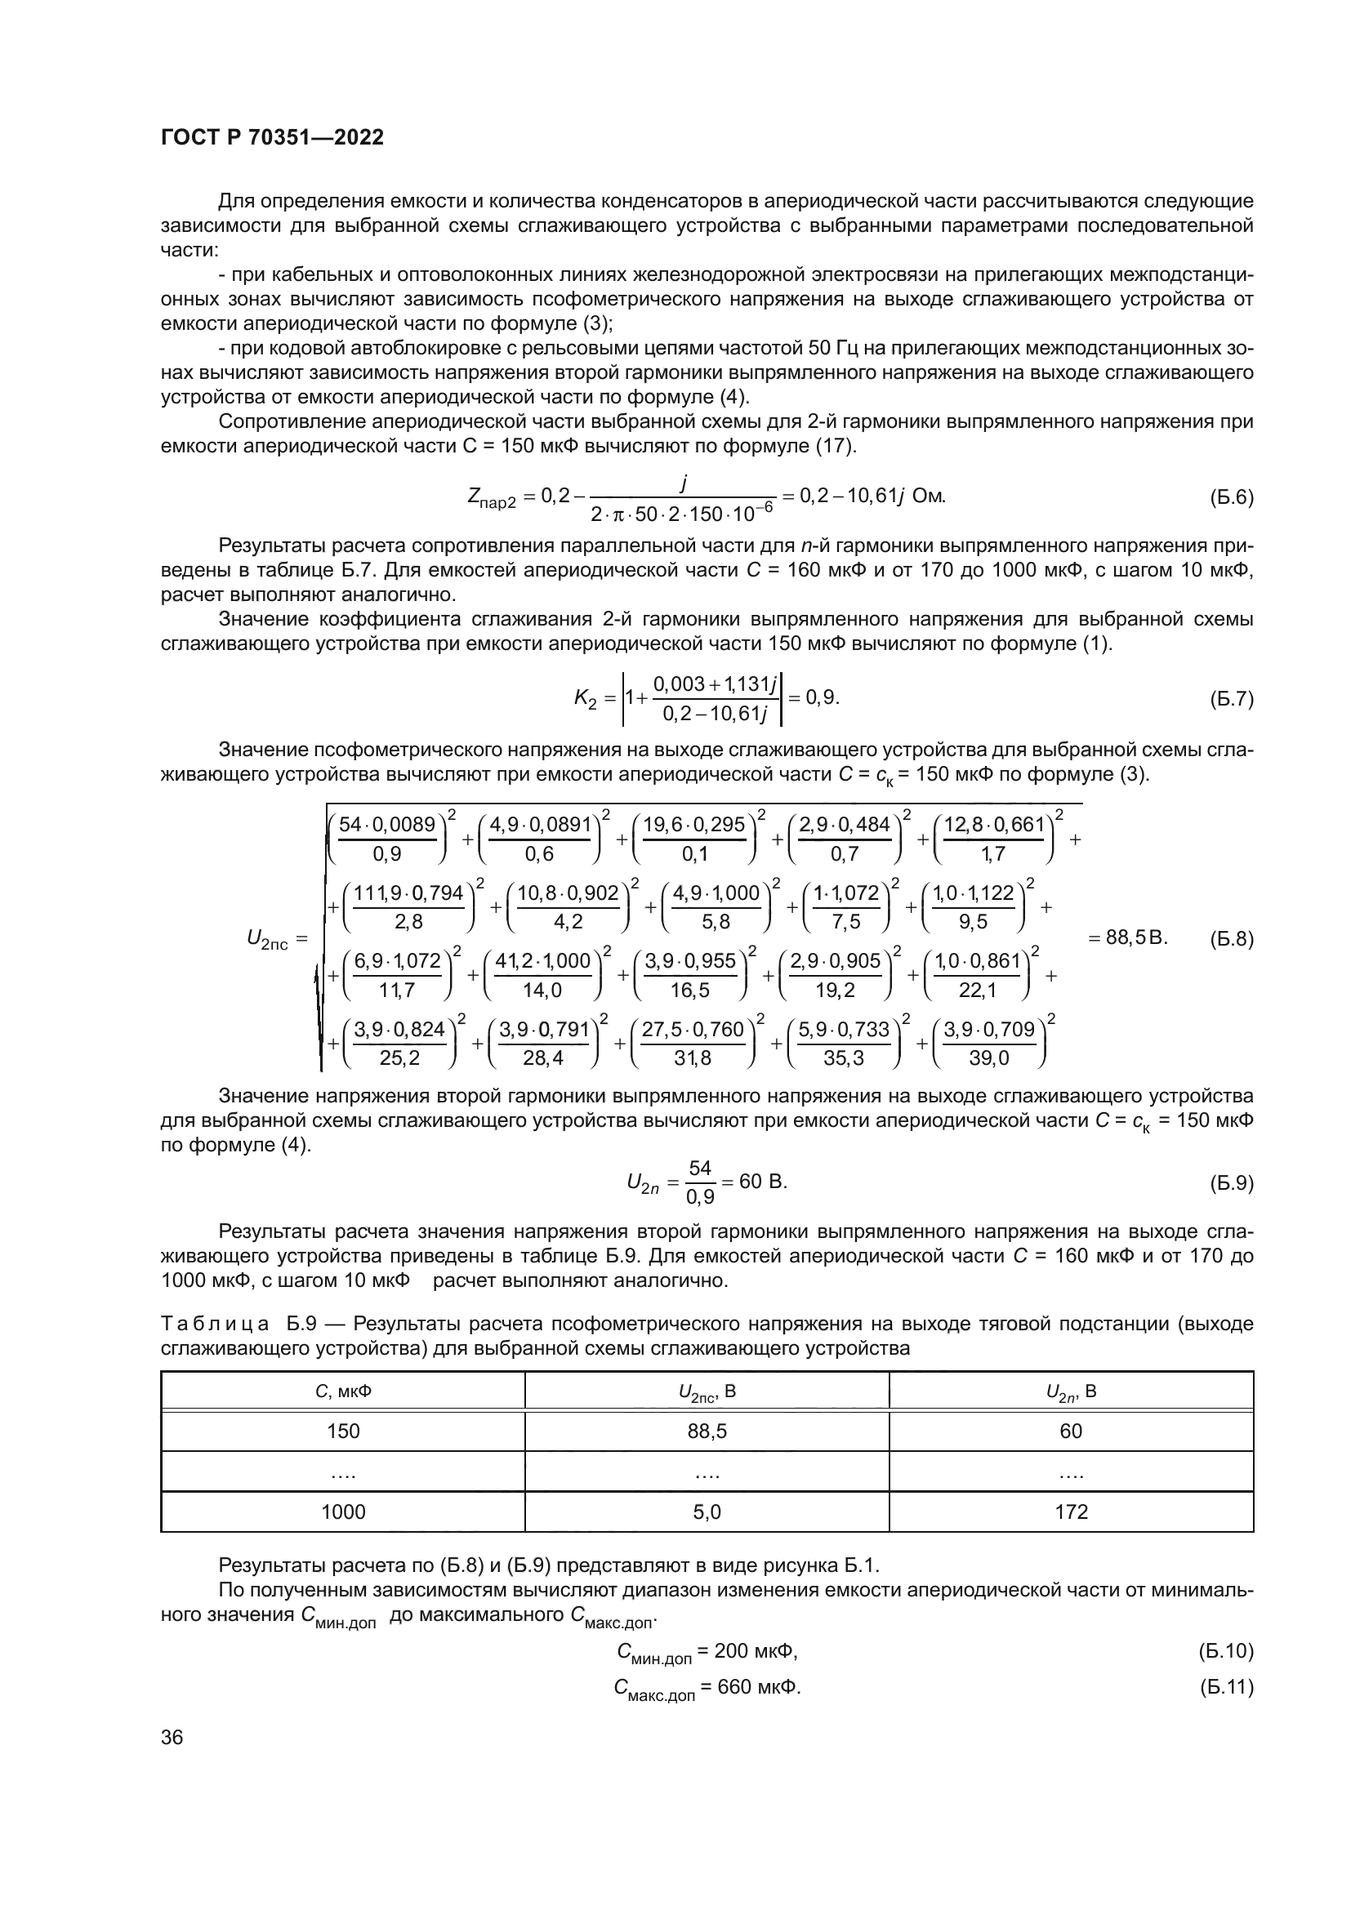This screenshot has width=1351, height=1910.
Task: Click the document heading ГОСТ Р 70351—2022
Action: click(x=272, y=138)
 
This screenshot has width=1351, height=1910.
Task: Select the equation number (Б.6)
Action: click(x=1230, y=497)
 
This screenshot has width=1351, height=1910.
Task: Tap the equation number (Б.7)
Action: click(x=1230, y=699)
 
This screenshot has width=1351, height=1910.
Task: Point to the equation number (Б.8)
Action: click(x=1230, y=939)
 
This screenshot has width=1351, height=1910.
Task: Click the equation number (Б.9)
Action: click(x=1230, y=1183)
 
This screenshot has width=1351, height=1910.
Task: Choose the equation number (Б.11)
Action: click(x=1225, y=1687)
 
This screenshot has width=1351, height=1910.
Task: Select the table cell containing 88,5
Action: click(x=707, y=1431)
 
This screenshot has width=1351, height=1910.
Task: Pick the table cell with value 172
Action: click(x=1071, y=1512)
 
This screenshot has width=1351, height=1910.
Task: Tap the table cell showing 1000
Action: click(x=343, y=1512)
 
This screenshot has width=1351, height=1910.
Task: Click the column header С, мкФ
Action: click(x=343, y=1391)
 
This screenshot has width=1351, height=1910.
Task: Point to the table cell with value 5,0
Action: click(x=707, y=1512)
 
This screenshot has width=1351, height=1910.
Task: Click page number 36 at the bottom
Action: click(x=172, y=1737)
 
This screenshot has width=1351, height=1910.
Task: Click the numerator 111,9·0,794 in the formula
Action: click(x=408, y=893)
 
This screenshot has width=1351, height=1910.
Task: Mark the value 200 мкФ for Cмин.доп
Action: click(x=755, y=1650)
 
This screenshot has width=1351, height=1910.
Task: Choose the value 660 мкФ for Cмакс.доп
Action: click(x=757, y=1686)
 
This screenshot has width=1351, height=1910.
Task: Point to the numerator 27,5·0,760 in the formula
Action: click(x=692, y=1030)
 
